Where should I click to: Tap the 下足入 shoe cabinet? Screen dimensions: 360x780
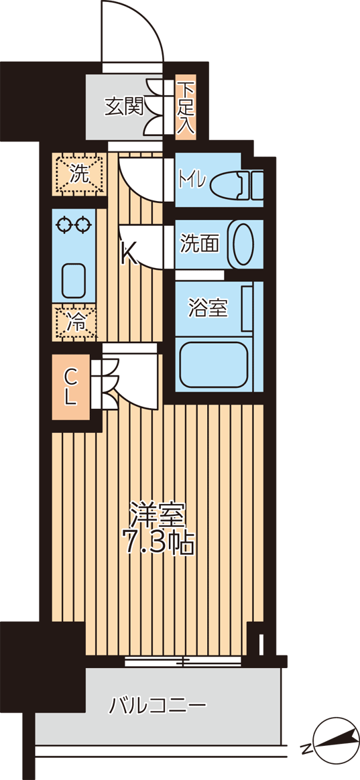coord(186,107)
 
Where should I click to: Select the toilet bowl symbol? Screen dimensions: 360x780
coord(236,184)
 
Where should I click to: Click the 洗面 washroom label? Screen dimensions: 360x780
coord(199,244)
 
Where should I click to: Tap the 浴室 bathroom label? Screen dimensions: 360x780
coord(208,308)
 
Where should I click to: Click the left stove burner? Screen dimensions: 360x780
coord(64,225)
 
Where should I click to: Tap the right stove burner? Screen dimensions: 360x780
coord(82,225)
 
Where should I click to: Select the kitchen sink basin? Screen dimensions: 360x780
coord(74,280)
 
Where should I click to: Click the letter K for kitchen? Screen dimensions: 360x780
coord(129,255)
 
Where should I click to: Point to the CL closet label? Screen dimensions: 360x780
coord(70,387)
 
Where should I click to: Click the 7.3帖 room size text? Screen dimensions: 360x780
coord(158,544)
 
